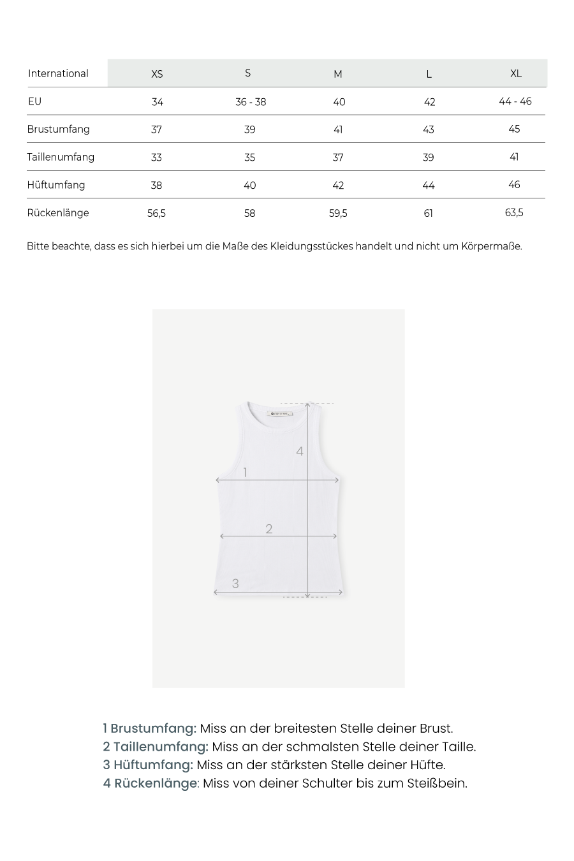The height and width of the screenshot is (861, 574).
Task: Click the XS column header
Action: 157,74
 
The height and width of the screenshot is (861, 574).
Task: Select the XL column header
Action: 516,73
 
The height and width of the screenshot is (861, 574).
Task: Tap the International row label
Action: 58,73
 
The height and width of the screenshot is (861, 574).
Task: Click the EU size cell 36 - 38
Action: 251,102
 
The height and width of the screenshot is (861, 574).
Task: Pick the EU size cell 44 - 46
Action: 515,101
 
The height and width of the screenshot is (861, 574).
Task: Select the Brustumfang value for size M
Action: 338,129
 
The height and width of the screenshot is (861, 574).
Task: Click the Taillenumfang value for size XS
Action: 156,158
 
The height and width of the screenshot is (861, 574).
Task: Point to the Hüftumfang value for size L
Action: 429,186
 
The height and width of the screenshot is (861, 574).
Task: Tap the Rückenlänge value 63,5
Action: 514,212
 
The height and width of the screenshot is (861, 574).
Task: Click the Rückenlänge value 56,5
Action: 156,214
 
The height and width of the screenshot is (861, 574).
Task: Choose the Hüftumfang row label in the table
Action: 56,185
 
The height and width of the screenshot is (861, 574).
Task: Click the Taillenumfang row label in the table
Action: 61,157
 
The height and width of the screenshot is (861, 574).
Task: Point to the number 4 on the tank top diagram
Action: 300,452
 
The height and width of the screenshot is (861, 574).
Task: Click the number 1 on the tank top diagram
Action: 245,473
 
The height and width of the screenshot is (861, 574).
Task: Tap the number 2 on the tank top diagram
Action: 269,529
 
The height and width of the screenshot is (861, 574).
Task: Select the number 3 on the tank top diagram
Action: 235,584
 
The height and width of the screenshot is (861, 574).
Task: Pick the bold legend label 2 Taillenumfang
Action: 156,746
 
